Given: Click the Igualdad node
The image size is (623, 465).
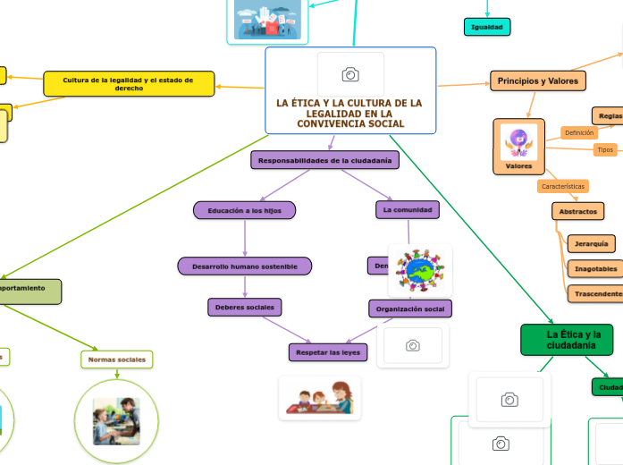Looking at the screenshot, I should coord(487,27).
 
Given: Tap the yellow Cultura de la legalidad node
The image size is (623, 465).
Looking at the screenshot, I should coord(129,84).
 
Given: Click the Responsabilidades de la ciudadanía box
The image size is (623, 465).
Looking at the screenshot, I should coord(324,160).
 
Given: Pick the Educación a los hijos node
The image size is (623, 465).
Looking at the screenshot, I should coord(244,210).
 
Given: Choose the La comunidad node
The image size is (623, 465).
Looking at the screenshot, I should coord(408,210).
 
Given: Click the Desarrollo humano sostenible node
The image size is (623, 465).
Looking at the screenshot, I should coord(245,266).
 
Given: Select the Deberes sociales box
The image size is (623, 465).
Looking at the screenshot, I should coord(245,307).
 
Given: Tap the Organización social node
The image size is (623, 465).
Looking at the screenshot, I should coord(410,309).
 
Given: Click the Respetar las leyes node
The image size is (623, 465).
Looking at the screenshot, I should coord(327,352).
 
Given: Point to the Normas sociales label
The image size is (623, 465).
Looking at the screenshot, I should coord(116,359).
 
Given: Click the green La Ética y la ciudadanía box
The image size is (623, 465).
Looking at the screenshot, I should coord(567,340).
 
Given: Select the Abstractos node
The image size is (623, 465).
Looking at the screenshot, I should coord(577,212).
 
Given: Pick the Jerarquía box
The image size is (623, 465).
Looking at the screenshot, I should coord(591,243).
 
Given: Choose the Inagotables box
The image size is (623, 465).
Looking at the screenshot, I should coord(595,268).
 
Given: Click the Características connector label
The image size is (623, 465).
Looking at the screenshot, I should coord(563,186).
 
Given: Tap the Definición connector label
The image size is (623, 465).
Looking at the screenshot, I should coord(578,132).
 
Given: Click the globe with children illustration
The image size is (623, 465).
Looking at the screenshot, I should coord(419,270).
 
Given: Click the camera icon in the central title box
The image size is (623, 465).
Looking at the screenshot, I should coord(350,74).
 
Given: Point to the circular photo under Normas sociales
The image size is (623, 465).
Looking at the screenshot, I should coord(116,420).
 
